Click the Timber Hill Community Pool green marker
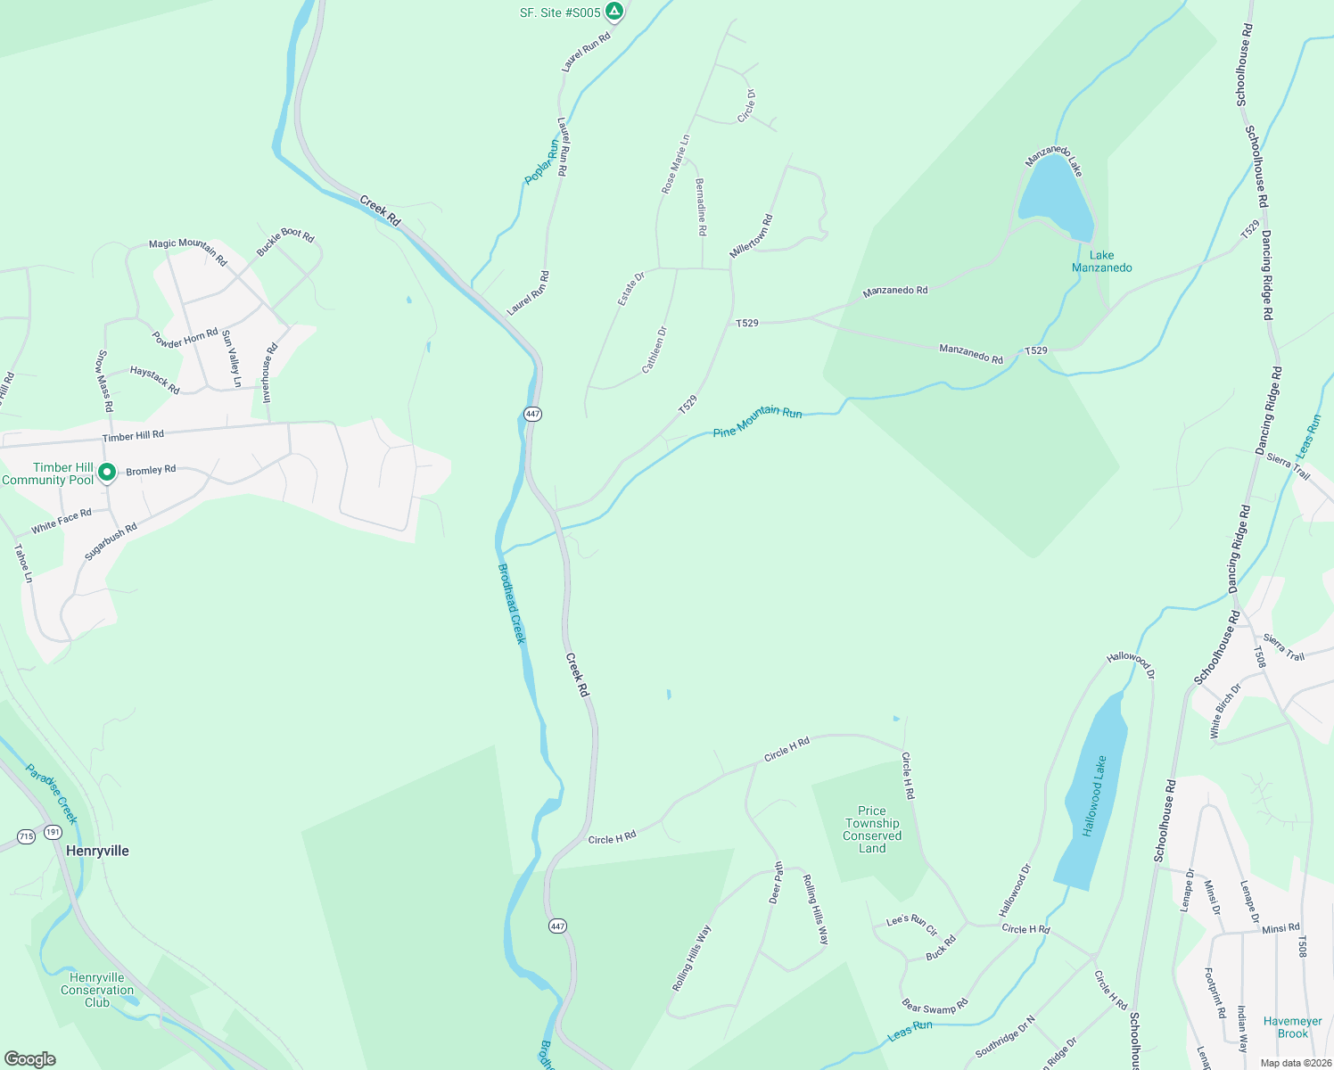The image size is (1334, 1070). pos(107,473)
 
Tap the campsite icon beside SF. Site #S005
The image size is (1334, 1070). pos(613,12)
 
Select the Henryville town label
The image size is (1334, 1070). pos(97,851)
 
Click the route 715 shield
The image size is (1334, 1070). pos(26,836)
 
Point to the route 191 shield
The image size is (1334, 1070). pos(54,832)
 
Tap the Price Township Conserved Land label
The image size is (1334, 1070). pos(872,830)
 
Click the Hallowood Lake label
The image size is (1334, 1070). pos(1094,796)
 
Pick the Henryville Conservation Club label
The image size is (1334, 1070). pos(97,990)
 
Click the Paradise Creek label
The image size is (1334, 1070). pos(52,794)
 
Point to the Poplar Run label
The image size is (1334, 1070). pos(541,162)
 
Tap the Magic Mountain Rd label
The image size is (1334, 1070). pos(188,251)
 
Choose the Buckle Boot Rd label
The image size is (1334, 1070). pos(285,242)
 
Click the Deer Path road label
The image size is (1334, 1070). pos(776,883)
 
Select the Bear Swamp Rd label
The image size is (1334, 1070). pos(935,1007)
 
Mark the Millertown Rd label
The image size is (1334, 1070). pos(751,236)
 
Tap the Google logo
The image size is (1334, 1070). pos(30,1059)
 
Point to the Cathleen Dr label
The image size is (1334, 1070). pos(655,350)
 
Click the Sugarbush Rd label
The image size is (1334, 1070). pos(111,541)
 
